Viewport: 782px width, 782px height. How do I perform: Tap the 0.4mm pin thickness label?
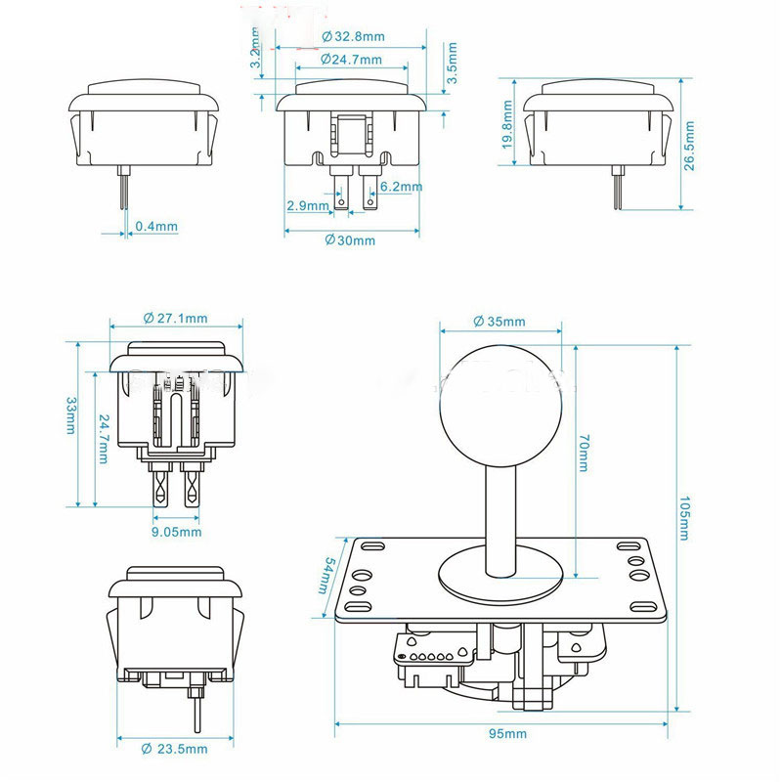[156, 227]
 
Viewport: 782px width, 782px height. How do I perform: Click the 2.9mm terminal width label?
[308, 206]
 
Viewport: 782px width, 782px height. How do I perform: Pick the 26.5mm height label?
[690, 146]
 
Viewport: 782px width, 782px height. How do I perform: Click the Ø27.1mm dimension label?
[175, 318]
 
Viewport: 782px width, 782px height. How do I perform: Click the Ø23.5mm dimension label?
[175, 749]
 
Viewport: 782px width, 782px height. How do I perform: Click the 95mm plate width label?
[502, 733]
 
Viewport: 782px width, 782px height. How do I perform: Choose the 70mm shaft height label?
[584, 455]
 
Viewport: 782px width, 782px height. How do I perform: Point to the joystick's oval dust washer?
[500, 578]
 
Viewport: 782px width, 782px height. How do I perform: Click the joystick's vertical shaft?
[500, 518]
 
